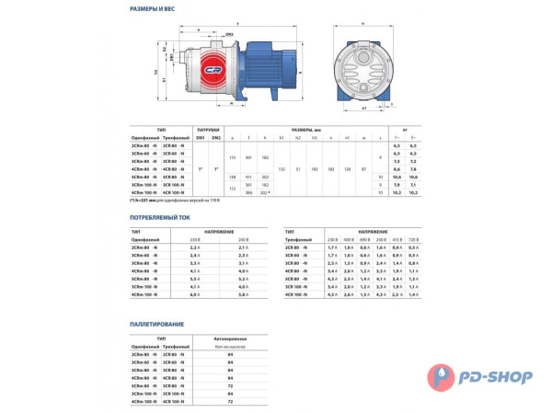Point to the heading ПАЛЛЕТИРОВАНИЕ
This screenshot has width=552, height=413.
(158, 324)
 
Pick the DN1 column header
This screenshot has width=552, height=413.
(200, 137)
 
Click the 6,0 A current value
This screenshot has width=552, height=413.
(194, 294)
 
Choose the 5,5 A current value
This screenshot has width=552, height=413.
(194, 279)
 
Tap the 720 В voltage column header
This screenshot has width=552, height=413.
(413, 240)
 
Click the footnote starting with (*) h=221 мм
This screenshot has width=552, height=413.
(167, 200)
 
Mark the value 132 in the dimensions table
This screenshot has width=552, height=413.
(282, 169)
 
